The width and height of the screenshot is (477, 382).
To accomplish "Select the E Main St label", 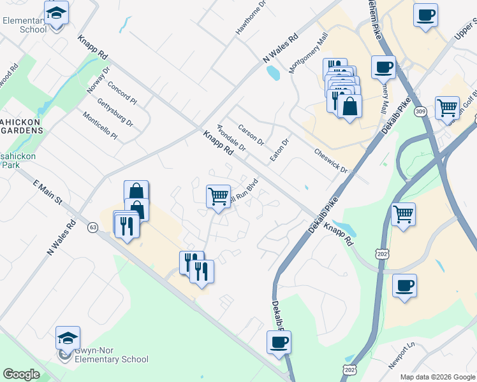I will tap(47, 191).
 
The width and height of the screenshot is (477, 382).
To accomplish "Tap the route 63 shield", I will tap(93, 227).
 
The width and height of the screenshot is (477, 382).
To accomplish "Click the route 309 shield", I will tap(420, 113).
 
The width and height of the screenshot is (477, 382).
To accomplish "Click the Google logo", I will tap(21, 374).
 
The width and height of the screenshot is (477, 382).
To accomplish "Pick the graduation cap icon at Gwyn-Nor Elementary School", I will tap(68, 337).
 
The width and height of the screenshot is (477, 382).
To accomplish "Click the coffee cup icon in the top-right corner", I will tap(425, 14).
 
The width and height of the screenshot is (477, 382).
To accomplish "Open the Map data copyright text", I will tap(437, 376).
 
